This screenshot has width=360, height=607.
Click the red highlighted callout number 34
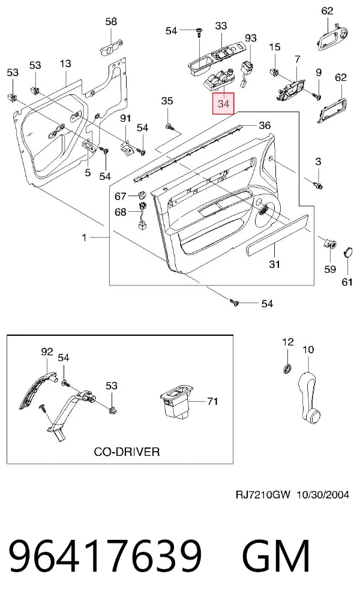[x=223, y=103]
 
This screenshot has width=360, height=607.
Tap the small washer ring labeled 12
[x=287, y=368]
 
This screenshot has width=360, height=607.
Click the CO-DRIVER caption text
[x=127, y=452]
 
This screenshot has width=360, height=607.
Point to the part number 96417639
[x=105, y=555]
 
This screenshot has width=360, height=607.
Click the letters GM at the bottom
[x=276, y=555]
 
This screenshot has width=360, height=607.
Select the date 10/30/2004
[x=323, y=494]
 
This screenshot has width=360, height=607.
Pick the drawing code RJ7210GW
[x=263, y=494]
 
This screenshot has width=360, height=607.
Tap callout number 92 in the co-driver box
[x=47, y=351]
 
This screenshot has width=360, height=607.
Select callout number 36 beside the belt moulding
[x=265, y=125]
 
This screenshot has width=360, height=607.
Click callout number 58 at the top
[x=111, y=21]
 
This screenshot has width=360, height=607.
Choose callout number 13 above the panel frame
[x=65, y=63]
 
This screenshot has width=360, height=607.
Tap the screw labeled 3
[x=319, y=185]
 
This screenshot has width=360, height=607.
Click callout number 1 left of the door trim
[x=85, y=237]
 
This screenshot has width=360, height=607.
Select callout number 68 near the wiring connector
[x=121, y=212]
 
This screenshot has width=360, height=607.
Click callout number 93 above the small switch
[x=251, y=38]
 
